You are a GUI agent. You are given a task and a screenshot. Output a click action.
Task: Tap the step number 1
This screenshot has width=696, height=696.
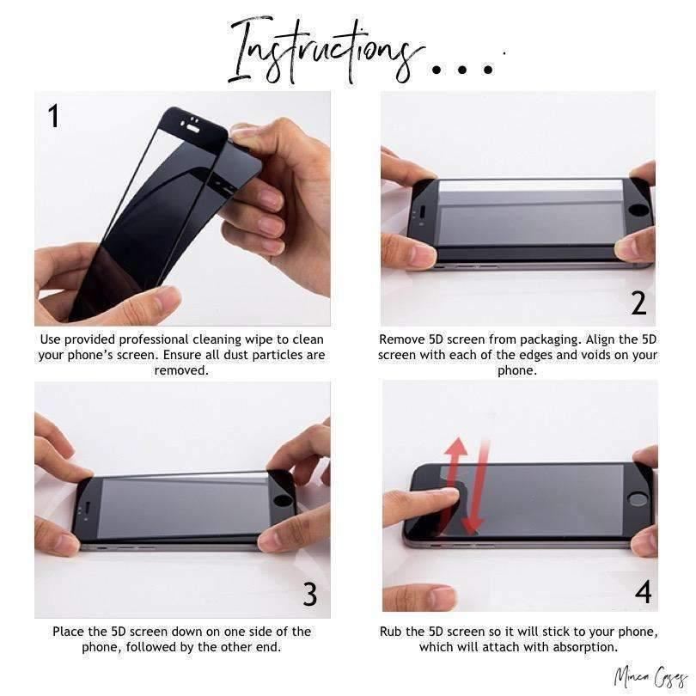(53, 116)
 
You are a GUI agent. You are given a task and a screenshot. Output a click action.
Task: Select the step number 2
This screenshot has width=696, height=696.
(638, 303)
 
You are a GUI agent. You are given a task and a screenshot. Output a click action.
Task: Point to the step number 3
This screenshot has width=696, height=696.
(310, 595)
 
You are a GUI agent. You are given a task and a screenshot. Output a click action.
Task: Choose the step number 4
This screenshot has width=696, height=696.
(644, 592)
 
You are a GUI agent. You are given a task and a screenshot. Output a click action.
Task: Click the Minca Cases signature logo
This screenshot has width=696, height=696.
(650, 677)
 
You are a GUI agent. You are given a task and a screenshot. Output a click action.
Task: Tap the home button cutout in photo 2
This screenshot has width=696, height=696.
(640, 211)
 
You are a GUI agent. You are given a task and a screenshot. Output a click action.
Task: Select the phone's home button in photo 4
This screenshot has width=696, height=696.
(638, 500)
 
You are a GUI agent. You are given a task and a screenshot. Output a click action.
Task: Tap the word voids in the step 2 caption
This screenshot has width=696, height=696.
(603, 355)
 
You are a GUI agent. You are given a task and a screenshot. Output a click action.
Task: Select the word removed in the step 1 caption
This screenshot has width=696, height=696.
(181, 370)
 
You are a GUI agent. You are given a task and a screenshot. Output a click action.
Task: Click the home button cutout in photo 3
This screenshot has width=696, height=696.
(282, 501)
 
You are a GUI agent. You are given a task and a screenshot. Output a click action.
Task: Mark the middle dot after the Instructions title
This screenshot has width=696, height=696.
(462, 70)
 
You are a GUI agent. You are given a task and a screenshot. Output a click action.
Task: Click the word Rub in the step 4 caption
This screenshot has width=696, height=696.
(391, 632)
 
